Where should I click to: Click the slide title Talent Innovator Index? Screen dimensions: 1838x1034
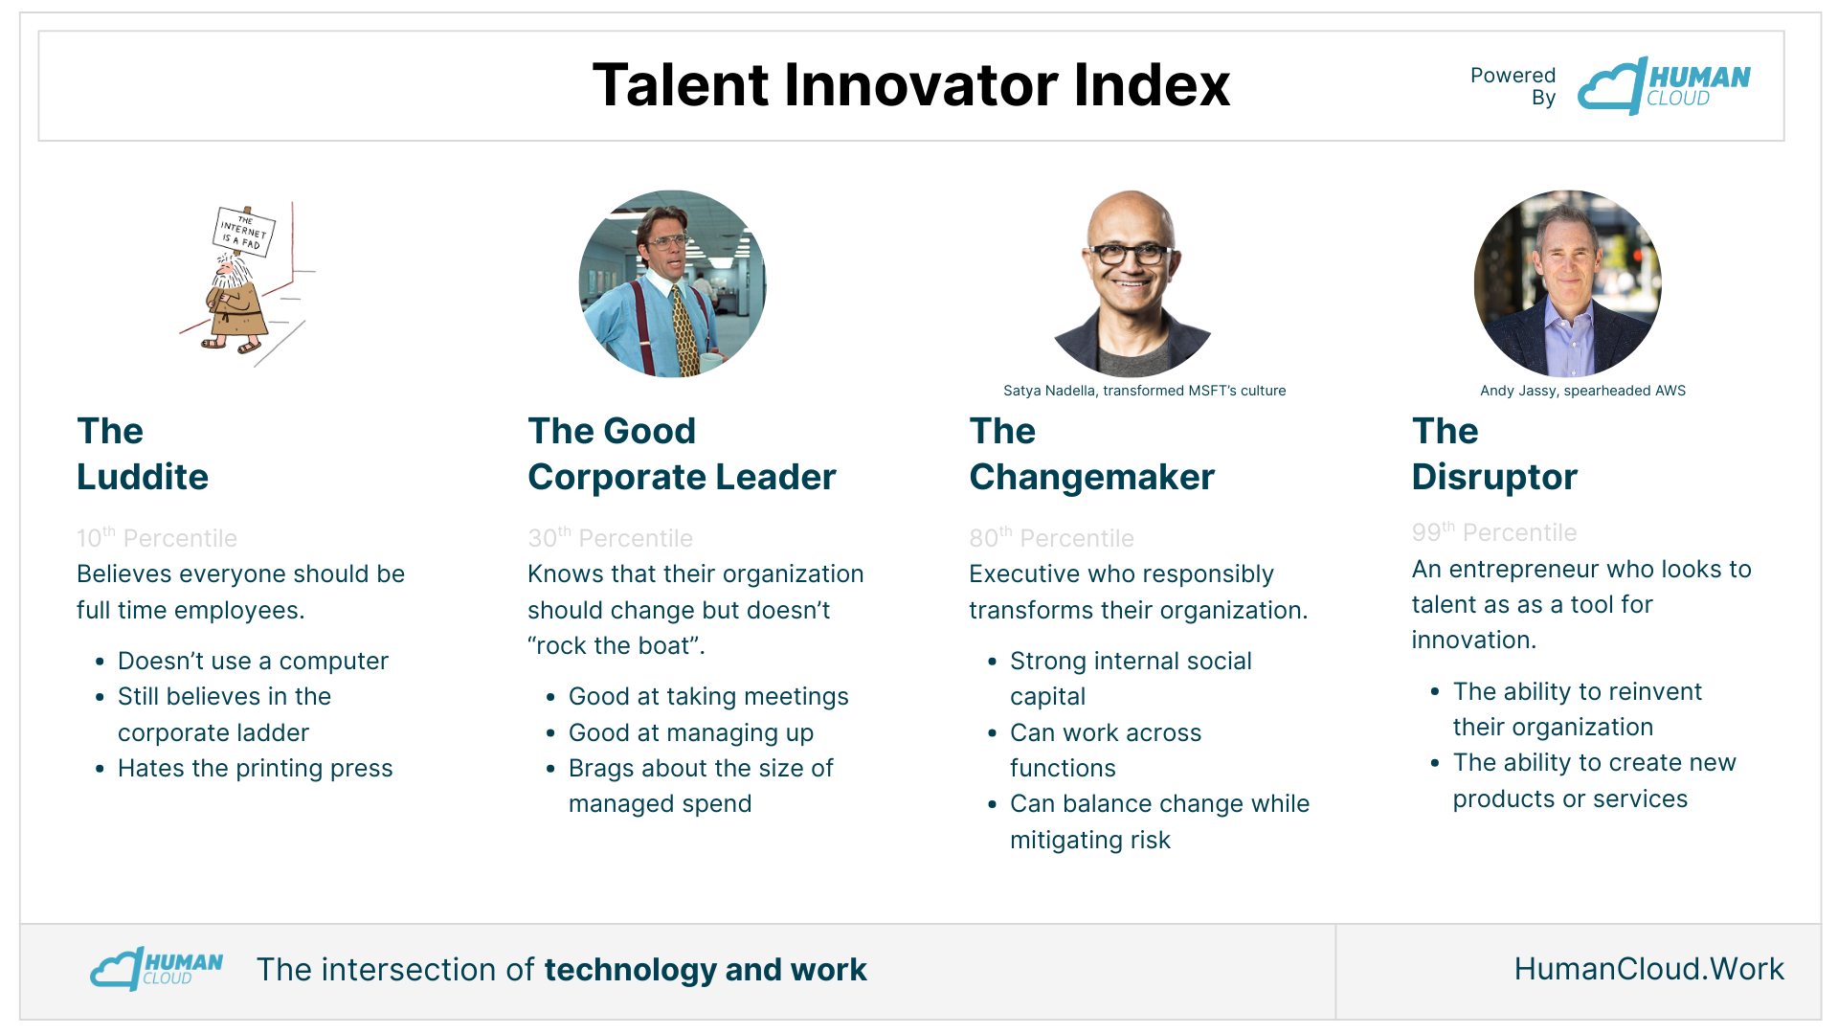[x=910, y=84]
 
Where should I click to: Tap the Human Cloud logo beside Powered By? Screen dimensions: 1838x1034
[x=1664, y=85]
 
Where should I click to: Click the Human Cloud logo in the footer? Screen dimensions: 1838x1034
[x=156, y=968]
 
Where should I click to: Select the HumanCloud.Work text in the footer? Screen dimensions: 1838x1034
[x=1648, y=969]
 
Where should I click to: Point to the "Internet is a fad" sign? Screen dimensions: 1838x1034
[x=243, y=232]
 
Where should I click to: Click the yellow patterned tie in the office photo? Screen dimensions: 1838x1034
[x=684, y=330]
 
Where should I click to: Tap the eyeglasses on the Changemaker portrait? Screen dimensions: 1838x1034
[x=1131, y=255]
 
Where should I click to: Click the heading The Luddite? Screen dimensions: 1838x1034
[x=143, y=454]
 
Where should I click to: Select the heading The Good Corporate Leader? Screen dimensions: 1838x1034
[x=682, y=454]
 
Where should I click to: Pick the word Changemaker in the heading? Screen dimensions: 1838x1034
[x=1091, y=477]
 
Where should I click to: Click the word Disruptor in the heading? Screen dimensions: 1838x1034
[x=1494, y=477]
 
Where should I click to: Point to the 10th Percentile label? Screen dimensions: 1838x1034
[x=157, y=537]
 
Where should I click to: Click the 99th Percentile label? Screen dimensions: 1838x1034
[x=1494, y=531]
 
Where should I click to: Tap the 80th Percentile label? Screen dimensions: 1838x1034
[x=1051, y=537]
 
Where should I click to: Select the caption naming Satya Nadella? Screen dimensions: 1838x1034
[x=1144, y=391]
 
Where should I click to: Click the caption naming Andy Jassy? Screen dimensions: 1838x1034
[x=1582, y=391]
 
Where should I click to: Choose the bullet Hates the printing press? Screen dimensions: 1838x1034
[x=255, y=768]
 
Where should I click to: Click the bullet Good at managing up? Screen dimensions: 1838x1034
[x=690, y=732]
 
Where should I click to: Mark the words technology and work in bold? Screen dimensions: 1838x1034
[x=706, y=970]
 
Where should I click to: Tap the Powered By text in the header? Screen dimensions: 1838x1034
[x=1513, y=86]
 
